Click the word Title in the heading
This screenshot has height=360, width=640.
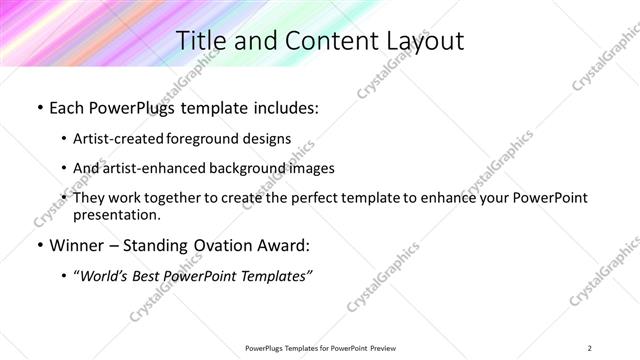(200, 41)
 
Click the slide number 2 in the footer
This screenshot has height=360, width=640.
(590, 347)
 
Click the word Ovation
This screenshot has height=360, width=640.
(209, 246)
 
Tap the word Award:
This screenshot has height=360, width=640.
(279, 246)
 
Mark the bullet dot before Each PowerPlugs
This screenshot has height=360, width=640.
(38, 106)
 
